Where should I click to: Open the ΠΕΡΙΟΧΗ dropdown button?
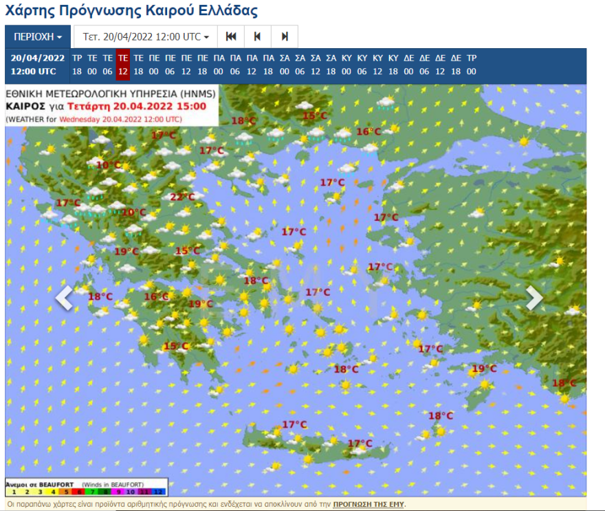point(38,36)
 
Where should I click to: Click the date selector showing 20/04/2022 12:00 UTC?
point(146,36)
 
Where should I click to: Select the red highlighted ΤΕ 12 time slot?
point(123,65)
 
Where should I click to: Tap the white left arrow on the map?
point(64,298)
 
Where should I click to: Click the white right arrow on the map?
point(534,298)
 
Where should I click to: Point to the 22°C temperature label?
point(182,197)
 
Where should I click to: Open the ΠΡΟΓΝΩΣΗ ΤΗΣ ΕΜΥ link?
point(368,504)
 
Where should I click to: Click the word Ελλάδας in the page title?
point(229,11)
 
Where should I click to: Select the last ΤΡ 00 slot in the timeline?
point(472,65)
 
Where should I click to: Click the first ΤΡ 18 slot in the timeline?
point(77,65)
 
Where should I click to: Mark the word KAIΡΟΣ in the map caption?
point(25,107)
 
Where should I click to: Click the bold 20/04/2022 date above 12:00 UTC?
point(37,58)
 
